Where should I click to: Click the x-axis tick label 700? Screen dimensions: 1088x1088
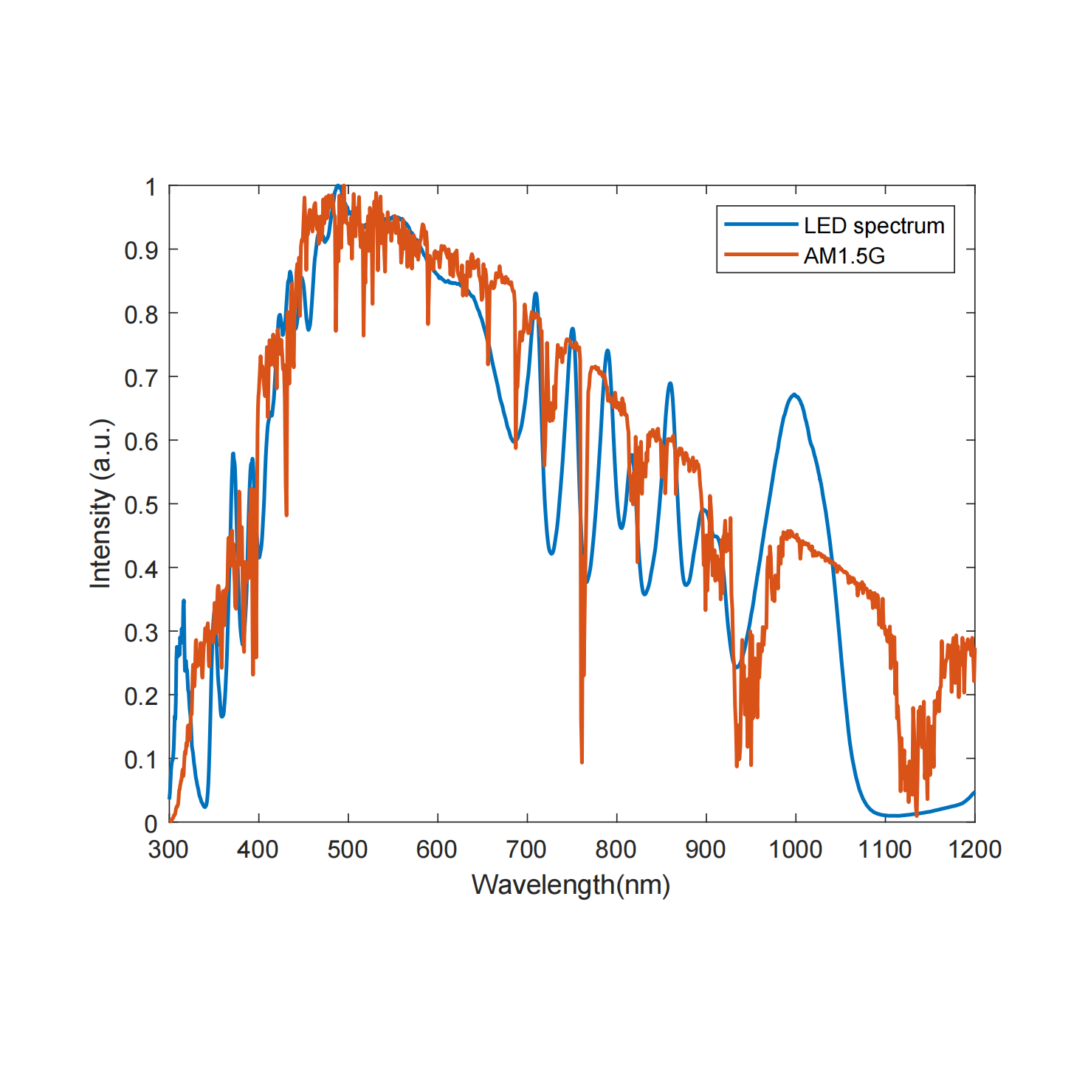526,850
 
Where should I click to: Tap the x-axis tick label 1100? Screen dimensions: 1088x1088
884,850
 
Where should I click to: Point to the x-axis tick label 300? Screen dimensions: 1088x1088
168,850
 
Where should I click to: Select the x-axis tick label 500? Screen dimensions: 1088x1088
347,850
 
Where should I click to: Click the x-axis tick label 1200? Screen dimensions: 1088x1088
974,850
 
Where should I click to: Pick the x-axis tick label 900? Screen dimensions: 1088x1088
705,850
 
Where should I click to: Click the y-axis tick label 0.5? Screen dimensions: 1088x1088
141,506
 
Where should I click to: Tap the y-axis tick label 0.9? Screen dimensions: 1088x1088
141,251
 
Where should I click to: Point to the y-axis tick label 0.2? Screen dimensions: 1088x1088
141,696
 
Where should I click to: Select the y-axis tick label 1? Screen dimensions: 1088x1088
151,187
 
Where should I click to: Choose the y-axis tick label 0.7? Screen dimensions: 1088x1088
141,379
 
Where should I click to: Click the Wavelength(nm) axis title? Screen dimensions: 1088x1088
571,884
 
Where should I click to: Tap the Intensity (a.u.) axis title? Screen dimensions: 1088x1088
101,503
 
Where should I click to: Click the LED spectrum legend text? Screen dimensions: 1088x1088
874,225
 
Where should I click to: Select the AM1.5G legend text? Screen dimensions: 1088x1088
844,255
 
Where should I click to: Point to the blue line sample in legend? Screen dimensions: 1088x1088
761,224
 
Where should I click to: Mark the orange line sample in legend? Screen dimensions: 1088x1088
761,255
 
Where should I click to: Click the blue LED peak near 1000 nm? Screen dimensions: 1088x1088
794,394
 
